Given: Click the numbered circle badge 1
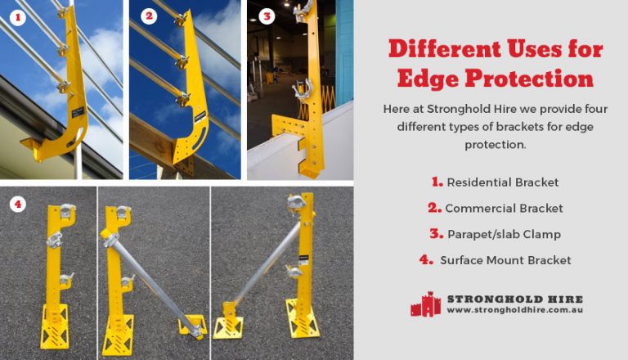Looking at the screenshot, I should [x=17, y=15].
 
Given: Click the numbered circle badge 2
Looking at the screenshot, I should [x=148, y=16].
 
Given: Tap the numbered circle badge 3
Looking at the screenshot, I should [x=266, y=16].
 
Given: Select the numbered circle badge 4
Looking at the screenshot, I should [x=17, y=205].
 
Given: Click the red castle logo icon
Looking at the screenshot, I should [x=425, y=304].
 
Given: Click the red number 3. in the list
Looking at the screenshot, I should [x=436, y=234].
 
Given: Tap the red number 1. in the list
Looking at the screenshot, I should [x=436, y=182].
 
